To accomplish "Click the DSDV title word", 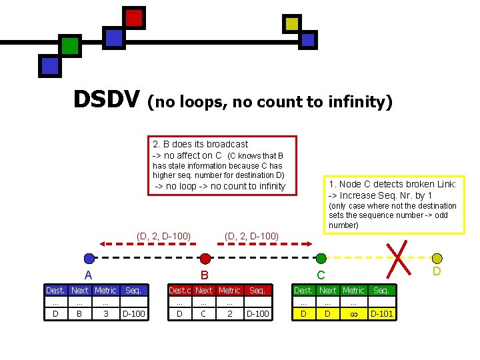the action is [107, 100].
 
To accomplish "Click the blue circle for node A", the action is [89, 259].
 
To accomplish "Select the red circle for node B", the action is [205, 259].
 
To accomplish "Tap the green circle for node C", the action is [321, 259].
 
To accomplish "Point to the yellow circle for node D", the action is [437, 259].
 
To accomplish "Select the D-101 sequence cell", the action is [381, 314].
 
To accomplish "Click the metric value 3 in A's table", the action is [105, 314].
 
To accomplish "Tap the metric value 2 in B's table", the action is [229, 314].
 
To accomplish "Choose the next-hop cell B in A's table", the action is [80, 314].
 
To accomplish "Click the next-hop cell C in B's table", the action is [204, 314].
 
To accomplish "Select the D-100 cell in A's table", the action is [133, 314].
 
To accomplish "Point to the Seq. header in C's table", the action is [381, 291].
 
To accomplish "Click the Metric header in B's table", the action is [229, 291].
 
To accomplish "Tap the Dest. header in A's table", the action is [55, 291].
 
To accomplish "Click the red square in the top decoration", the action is [134, 18].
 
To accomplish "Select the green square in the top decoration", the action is [70, 45].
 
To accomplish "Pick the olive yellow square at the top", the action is [291, 24].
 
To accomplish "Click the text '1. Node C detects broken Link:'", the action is [392, 184].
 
